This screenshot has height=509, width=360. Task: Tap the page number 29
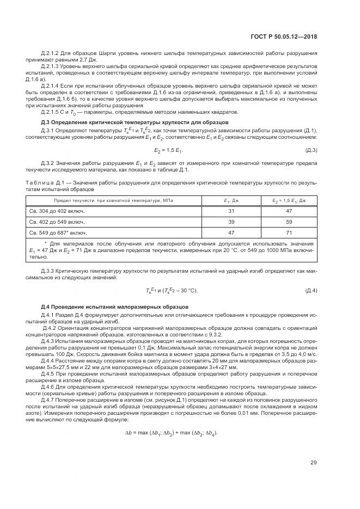point(314,463)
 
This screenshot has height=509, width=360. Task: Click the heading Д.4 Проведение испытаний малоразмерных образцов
point(114,307)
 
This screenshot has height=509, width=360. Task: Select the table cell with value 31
point(231,211)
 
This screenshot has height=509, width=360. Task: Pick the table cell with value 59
point(290,222)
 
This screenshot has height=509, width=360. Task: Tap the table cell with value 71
point(290,232)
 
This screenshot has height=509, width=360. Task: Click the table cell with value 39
point(231,222)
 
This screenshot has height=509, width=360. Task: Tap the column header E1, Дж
point(231,200)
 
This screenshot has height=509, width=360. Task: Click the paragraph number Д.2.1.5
point(52,113)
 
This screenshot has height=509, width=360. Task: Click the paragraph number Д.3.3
point(49,271)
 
